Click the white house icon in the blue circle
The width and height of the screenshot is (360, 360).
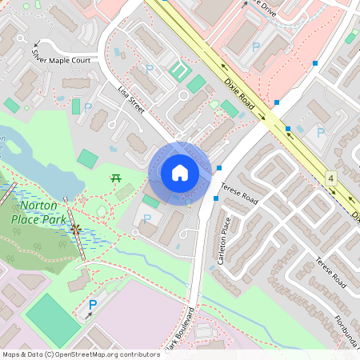[180, 173]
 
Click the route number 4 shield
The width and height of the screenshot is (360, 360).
[331, 177]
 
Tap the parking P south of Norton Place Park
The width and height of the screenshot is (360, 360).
[92, 304]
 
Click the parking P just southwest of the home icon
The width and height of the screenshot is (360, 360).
[146, 218]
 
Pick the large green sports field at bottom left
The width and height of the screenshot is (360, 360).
[53, 320]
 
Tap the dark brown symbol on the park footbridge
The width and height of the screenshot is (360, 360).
[76, 229]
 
